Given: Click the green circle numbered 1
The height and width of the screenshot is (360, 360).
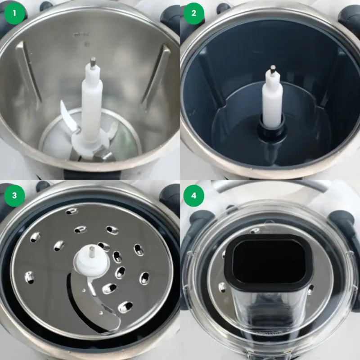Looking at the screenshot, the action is point(14,13).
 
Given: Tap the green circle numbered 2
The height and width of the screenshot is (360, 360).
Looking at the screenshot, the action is point(194,13).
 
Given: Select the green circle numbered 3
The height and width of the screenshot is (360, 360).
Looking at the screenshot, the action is point(14,195).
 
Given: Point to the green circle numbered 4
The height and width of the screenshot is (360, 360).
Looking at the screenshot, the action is point(194,195).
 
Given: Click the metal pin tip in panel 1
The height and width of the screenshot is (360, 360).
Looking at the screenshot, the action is point(93,62).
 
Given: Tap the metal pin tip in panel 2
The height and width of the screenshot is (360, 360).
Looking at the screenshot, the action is point(273,69).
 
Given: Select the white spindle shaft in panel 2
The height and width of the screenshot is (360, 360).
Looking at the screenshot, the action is point(272,99).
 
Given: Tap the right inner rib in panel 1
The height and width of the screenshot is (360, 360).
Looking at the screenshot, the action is point(155,76).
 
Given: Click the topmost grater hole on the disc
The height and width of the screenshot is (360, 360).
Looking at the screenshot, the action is point(72,211).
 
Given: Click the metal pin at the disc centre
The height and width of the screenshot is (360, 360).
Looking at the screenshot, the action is point(91,251).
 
